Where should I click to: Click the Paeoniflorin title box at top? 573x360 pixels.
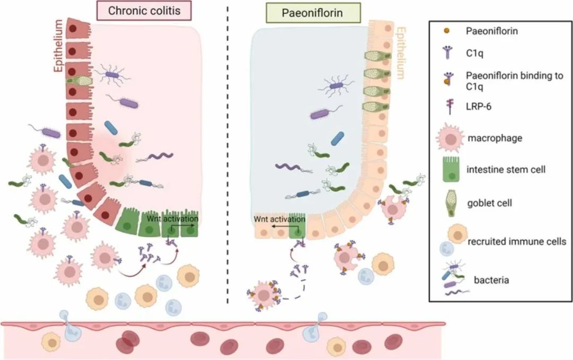[315, 12]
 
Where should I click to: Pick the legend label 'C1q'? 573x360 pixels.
[476, 52]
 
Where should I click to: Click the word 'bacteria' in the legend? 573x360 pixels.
[491, 279]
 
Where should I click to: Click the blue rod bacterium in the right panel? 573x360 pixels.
[336, 137]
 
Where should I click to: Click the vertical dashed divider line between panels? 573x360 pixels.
[229, 159]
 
